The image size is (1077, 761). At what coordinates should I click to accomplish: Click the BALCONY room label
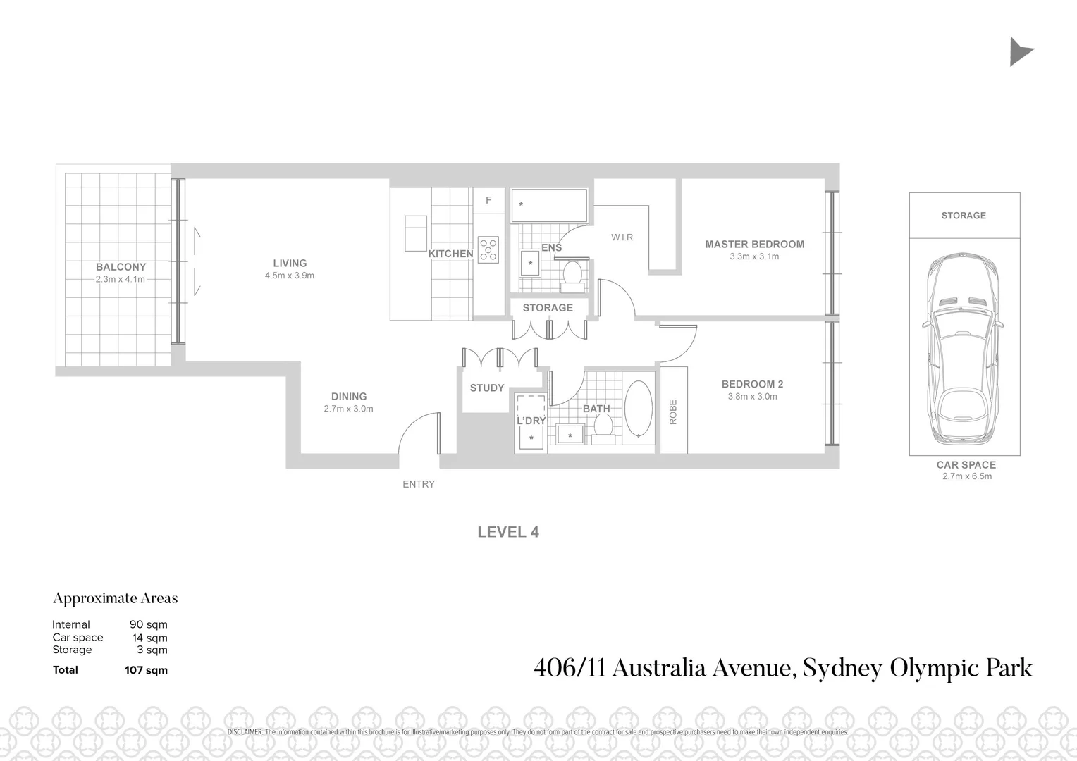pyautogui.click(x=121, y=267)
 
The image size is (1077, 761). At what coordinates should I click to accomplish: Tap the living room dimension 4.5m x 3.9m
pyautogui.click(x=290, y=276)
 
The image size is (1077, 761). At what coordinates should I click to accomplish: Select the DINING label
pyautogui.click(x=349, y=397)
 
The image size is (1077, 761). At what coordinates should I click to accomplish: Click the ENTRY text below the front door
pyautogui.click(x=419, y=484)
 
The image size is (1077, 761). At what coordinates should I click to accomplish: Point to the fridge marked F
pyautogui.click(x=488, y=201)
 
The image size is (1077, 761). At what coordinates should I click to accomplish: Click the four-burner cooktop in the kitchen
pyautogui.click(x=488, y=249)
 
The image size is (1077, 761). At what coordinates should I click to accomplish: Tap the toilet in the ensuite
pyautogui.click(x=572, y=276)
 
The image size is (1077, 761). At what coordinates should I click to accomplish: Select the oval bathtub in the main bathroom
pyautogui.click(x=639, y=411)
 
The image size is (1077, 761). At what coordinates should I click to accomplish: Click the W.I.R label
pyautogui.click(x=622, y=237)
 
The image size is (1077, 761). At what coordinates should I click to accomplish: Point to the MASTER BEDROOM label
pyautogui.click(x=754, y=245)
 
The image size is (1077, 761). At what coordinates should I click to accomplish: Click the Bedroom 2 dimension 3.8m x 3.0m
pyautogui.click(x=752, y=397)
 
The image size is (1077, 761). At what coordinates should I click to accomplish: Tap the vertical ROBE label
pyautogui.click(x=673, y=412)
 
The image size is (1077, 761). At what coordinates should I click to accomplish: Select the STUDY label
pyautogui.click(x=487, y=388)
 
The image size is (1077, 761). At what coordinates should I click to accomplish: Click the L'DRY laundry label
pyautogui.click(x=531, y=421)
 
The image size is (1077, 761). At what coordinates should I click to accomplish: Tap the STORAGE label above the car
pyautogui.click(x=964, y=216)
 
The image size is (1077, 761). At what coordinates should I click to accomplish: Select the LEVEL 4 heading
pyautogui.click(x=508, y=533)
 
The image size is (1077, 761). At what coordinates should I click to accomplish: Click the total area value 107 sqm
pyautogui.click(x=146, y=670)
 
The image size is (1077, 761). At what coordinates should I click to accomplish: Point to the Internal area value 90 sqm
pyautogui.click(x=148, y=624)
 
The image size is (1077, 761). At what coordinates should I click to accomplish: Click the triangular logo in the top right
pyautogui.click(x=1019, y=52)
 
